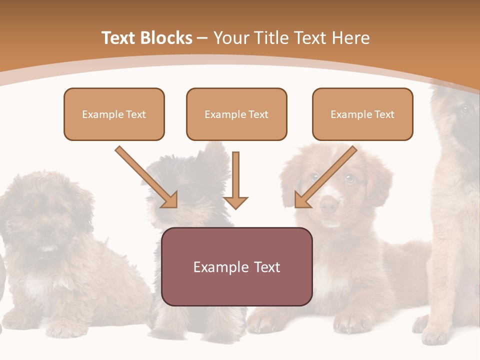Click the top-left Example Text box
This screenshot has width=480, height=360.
[114, 114]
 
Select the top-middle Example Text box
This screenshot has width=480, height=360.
[236, 114]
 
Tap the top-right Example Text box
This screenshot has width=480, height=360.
[362, 114]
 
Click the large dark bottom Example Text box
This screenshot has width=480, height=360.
[236, 267]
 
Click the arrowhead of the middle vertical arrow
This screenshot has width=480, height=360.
[235, 202]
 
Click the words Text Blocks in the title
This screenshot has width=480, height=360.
[146, 38]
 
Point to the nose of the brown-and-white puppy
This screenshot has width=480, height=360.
[328, 204]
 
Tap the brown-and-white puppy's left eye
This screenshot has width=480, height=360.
[314, 176]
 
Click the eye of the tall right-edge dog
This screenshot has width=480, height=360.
[464, 109]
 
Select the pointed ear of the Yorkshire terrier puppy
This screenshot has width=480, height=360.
[216, 152]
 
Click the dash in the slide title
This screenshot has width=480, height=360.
[202, 38]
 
